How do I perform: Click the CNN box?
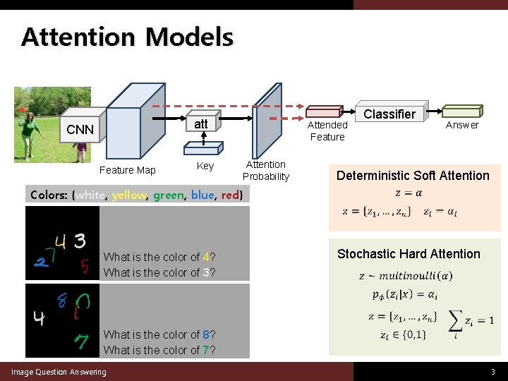tap(80, 129)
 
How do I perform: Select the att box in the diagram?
tap(200, 124)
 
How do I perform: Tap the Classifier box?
tap(389, 114)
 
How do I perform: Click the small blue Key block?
tap(202, 147)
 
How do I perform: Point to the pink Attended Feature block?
tap(325, 111)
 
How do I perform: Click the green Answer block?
tap(461, 111)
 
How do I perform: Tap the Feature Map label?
tap(127, 170)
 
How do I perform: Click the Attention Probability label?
tap(266, 171)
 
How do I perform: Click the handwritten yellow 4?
tap(60, 242)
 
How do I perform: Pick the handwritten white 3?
tap(79, 241)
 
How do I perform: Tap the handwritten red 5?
tap(85, 266)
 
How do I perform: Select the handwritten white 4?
tap(39, 319)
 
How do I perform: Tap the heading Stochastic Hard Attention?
tap(409, 254)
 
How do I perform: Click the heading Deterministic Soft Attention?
tap(413, 176)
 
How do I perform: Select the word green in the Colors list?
tap(168, 195)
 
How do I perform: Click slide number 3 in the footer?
tap(493, 372)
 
